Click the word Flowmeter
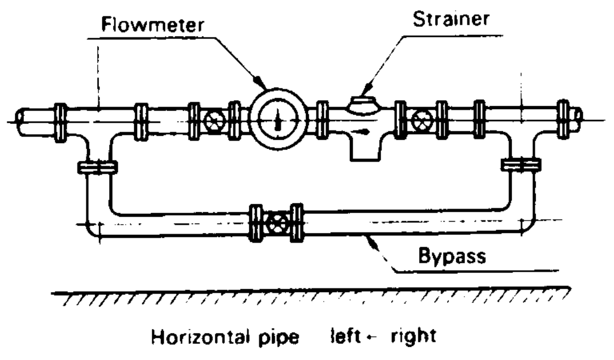(x=153, y=24)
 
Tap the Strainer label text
(x=451, y=18)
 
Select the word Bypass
(x=452, y=256)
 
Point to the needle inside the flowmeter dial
(x=278, y=119)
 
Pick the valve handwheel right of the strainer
(x=421, y=119)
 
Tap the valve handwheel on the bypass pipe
(x=277, y=223)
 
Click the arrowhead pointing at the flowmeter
(x=260, y=82)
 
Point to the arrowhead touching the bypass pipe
(x=371, y=242)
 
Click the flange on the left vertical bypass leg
(x=98, y=167)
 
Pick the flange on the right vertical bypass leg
(x=521, y=165)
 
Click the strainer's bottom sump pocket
(x=365, y=151)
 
